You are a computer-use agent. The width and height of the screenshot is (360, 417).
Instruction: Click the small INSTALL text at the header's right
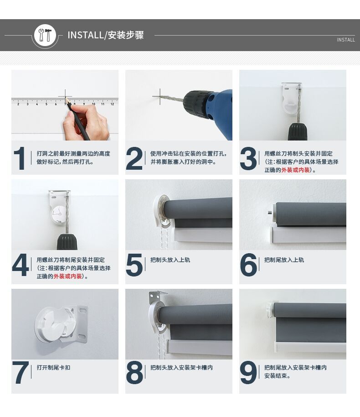pos(345,40)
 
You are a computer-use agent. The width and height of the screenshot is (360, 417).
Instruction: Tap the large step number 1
pos(20,158)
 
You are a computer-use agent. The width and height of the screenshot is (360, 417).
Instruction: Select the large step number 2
pos(134,158)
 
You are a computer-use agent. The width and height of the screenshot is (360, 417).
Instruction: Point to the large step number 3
pos(248,158)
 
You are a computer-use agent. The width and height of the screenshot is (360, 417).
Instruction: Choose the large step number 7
pos(21,373)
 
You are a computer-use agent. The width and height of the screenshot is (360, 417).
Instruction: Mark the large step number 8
pos(134,373)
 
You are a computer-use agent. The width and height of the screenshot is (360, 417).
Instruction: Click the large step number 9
pos(248,373)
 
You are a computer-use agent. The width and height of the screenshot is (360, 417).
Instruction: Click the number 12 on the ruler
pos(112,104)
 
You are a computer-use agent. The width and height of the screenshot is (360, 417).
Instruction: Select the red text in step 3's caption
pos(295,170)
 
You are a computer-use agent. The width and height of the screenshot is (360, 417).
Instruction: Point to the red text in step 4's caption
pos(68,276)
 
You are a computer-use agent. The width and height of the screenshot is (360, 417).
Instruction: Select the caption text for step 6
pos(284,260)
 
